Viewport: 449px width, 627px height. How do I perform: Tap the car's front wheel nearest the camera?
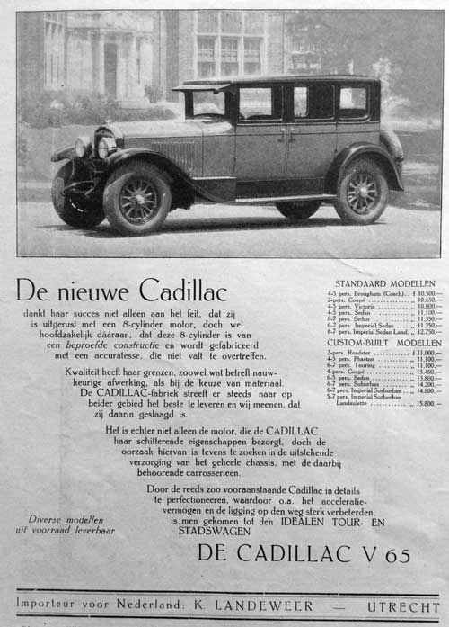[x=137, y=197]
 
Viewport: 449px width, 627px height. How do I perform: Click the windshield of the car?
[x=207, y=103]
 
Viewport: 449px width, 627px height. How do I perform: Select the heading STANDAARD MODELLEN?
[x=382, y=283]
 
